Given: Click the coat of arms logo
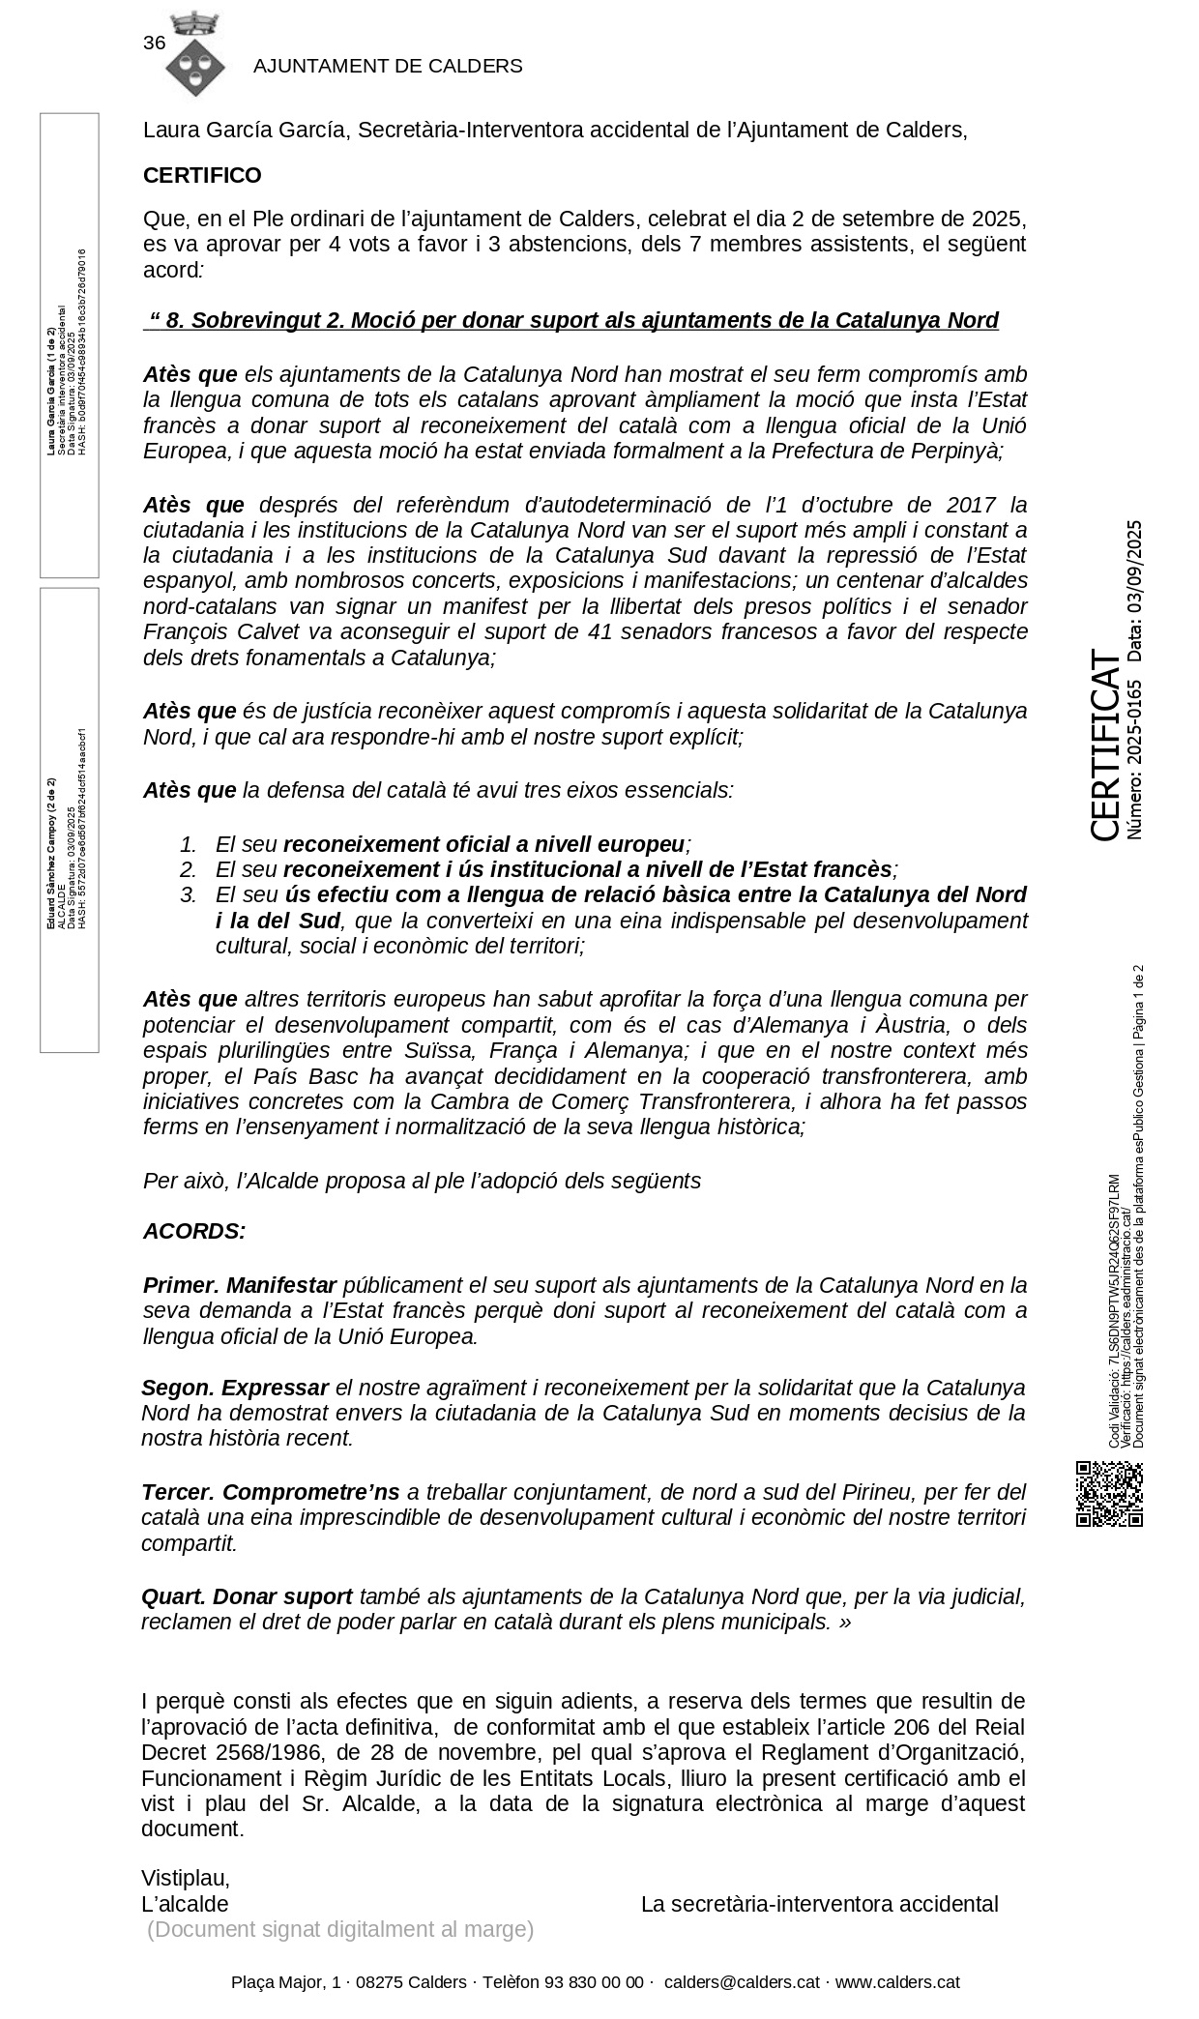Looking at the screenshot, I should point(194,55).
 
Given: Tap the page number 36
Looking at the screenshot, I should point(154,43).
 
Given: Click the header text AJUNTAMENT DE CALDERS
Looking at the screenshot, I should point(388,66).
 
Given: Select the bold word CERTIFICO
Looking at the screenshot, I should point(202,175).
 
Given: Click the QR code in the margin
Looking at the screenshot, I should point(1109,1494).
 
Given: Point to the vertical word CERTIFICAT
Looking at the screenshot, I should point(1104,745).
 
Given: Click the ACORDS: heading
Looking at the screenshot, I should point(194,1231).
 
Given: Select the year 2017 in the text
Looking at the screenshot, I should point(971,505).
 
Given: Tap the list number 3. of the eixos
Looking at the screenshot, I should point(189,894).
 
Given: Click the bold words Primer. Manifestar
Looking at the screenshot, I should point(239,1285).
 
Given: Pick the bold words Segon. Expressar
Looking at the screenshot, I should point(235,1388).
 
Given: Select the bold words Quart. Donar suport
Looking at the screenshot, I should point(248,1596).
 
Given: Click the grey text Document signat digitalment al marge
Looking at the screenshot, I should point(340,1929).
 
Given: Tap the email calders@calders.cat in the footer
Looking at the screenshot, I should point(742,1981).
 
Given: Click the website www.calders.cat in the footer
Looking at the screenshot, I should point(897,1981).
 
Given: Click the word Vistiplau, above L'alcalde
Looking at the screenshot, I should point(186,1878).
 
